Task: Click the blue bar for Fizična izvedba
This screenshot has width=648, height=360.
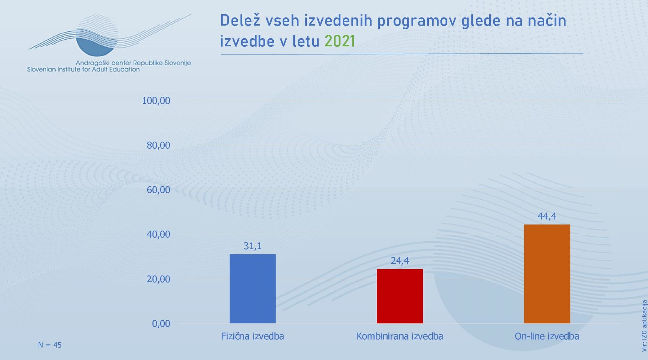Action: pos(253,288)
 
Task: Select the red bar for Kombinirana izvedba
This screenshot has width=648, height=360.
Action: pos(400,296)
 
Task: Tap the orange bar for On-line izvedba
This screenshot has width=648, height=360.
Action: pos(547,274)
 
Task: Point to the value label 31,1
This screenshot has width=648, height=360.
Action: pos(253,246)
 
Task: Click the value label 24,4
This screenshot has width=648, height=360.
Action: pos(400,261)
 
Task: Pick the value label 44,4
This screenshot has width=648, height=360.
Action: pos(547,216)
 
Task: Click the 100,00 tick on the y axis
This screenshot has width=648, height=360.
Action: pos(156,100)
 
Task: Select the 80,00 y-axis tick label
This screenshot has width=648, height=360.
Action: pos(158,145)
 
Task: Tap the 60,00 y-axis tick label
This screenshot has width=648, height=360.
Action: pos(158,190)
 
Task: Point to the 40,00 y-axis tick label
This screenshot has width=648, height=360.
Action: pos(158,234)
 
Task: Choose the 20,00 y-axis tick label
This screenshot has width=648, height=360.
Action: pos(158,279)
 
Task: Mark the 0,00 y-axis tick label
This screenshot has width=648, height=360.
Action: pos(161,324)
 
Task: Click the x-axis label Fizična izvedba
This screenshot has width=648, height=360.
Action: pos(253,336)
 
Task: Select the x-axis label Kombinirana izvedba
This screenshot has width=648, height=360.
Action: pos(400,336)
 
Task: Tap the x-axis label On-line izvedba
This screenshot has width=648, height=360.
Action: pos(547,336)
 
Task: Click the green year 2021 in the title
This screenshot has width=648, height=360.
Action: pos(340,41)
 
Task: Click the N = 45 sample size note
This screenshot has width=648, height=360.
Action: pos(50,345)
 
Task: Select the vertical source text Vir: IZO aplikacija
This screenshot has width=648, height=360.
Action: pos(644,326)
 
